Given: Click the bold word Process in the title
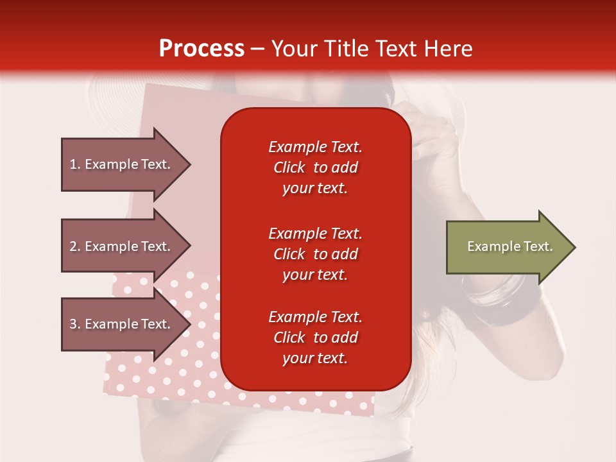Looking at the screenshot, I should (201, 49).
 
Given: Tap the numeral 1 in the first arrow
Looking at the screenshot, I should (73, 164).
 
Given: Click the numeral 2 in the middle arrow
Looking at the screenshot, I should (73, 246).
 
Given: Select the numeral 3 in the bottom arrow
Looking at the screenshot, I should (73, 324).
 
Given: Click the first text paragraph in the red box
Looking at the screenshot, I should (315, 167).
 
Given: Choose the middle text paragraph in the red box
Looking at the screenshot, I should (315, 254).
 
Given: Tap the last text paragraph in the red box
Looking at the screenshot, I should (315, 338).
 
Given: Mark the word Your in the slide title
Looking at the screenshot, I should (293, 49).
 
